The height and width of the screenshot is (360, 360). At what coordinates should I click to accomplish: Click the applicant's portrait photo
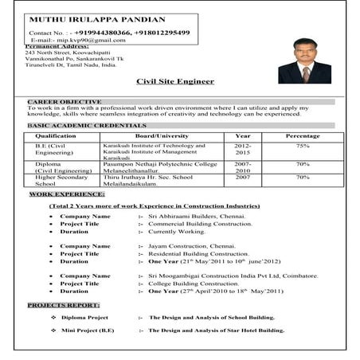[304, 61]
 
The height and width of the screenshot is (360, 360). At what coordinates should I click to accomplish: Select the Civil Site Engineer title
[175, 80]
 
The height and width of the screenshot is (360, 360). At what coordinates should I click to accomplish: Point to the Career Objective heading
[65, 102]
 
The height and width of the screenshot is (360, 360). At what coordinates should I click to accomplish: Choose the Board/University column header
[162, 136]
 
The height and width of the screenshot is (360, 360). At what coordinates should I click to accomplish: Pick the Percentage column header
[303, 136]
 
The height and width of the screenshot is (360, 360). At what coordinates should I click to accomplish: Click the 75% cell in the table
[303, 146]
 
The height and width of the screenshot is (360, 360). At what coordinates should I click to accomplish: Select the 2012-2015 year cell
[243, 150]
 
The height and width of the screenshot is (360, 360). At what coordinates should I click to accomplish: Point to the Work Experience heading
[67, 194]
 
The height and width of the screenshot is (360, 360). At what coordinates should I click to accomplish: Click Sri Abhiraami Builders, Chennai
[198, 216]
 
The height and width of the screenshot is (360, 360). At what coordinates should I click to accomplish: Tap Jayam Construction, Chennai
[191, 246]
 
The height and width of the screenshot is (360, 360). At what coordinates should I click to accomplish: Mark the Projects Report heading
[63, 305]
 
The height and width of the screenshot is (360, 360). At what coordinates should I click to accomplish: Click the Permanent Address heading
[56, 46]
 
